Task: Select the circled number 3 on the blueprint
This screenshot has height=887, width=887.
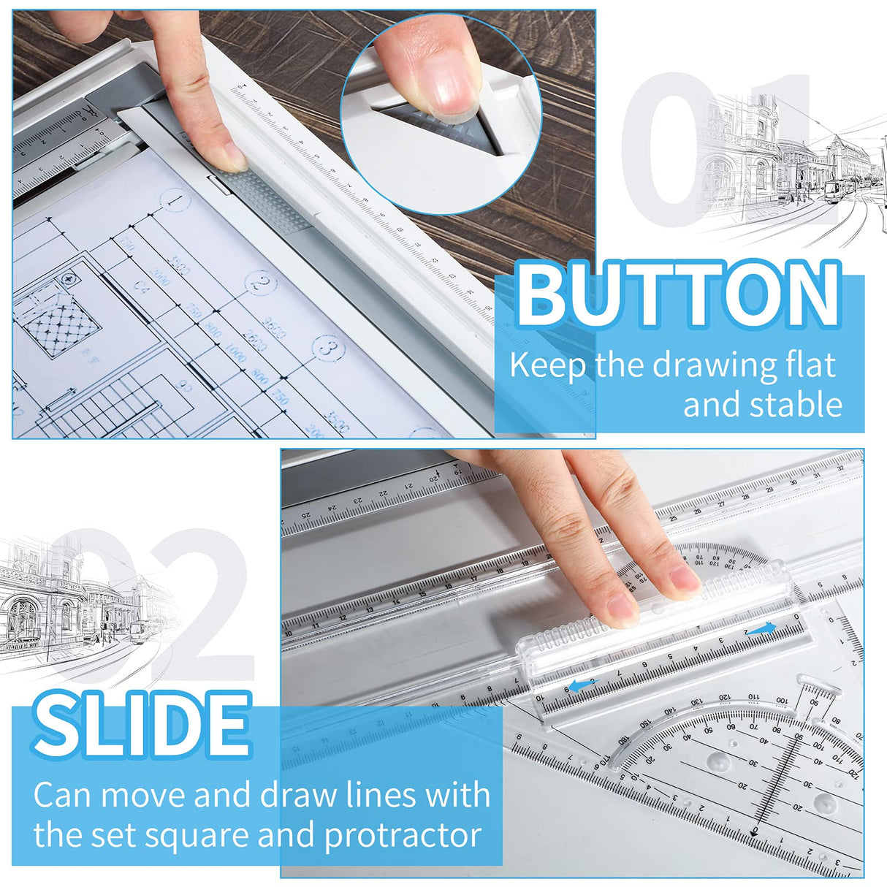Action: click(329, 349)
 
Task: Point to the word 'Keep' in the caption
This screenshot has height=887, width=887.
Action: click(548, 365)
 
